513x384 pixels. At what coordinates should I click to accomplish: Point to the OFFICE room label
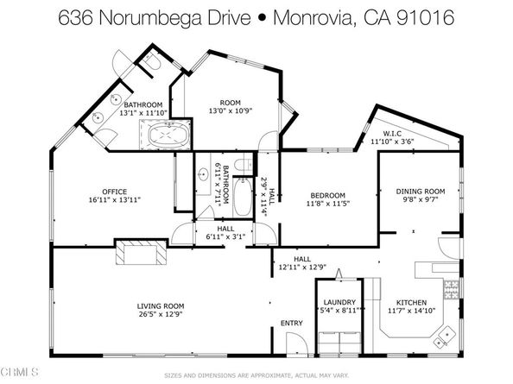click(114, 192)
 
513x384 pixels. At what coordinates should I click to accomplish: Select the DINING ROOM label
click(420, 191)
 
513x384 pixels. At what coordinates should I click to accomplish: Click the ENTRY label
click(291, 324)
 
